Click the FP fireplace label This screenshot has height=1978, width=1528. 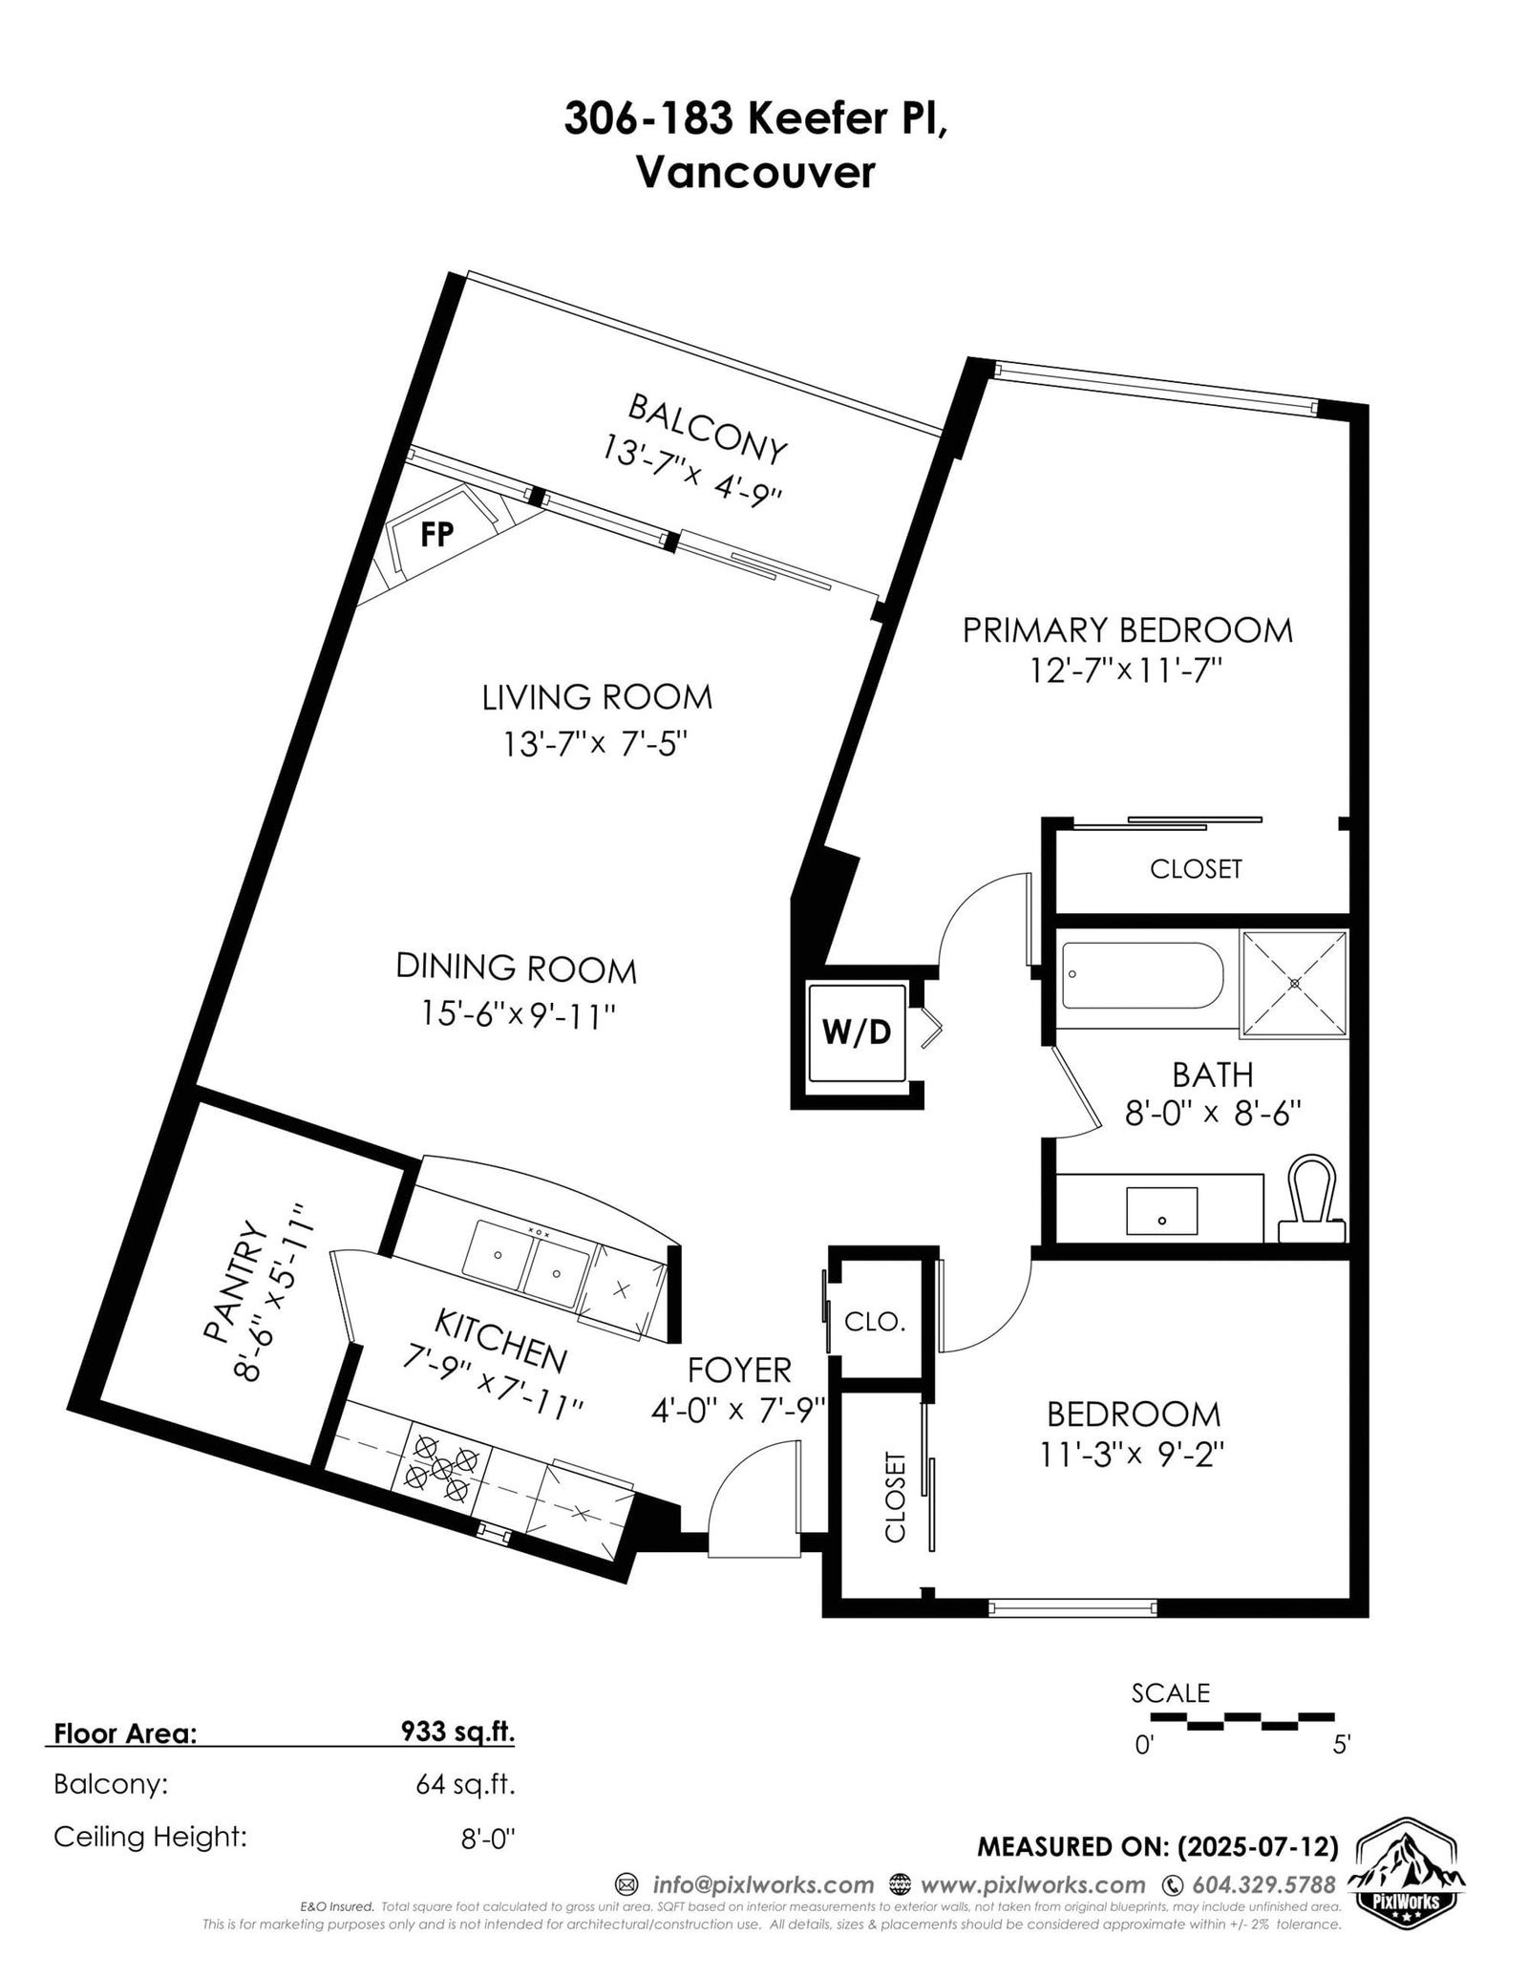436,535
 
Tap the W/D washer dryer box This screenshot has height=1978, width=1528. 857,1032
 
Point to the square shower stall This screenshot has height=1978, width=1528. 1294,983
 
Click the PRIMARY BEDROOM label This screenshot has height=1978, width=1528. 1127,630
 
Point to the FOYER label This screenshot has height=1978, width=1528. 740,1371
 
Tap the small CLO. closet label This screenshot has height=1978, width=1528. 874,1322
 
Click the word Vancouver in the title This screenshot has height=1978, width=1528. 754,174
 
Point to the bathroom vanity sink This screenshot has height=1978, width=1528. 1161,1211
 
